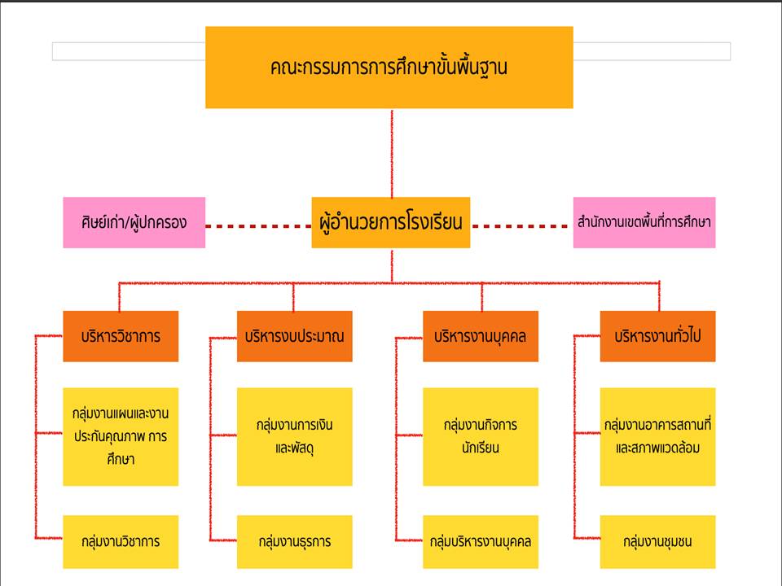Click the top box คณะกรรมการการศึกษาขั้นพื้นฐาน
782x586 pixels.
389,68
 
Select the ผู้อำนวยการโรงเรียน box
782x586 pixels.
391,222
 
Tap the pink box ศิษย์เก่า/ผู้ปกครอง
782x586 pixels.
134,222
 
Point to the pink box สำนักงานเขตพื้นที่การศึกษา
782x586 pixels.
644,222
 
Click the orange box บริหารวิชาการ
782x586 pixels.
120,336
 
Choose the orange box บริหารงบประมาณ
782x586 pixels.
294,336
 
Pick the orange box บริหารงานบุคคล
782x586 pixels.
481,336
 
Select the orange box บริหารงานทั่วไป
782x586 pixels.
657,336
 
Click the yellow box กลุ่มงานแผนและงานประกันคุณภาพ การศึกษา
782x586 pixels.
120,436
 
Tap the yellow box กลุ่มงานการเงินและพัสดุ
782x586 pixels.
294,436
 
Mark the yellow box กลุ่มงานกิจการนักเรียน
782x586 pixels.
481,436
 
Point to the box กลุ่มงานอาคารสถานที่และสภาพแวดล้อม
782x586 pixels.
657,436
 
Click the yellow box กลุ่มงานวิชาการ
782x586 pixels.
120,541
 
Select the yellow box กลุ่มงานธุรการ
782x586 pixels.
294,541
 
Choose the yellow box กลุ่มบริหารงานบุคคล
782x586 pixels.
481,541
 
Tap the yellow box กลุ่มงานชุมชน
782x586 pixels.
657,541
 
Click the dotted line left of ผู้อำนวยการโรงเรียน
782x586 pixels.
257,225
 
